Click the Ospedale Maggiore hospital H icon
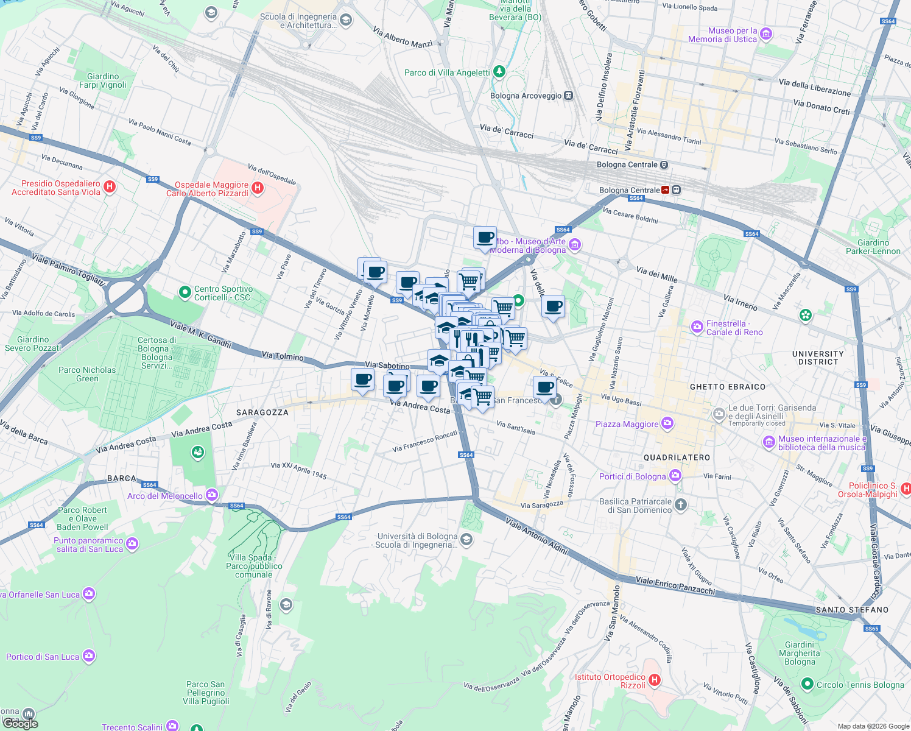click(258, 188)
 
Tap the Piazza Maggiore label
click(627, 424)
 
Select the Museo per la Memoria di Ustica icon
click(767, 34)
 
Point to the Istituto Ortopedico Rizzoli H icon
click(654, 680)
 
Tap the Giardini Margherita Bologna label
click(799, 653)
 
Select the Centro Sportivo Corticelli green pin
click(185, 293)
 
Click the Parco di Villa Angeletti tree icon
click(499, 72)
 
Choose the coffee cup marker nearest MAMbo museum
click(485, 238)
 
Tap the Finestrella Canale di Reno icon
click(697, 328)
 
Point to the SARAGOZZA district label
click(262, 412)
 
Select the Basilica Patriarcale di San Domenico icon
click(681, 504)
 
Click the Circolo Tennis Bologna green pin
click(807, 684)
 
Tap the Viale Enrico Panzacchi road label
click(675, 585)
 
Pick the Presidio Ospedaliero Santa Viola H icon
click(110, 186)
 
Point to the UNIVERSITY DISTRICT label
click(817, 358)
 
